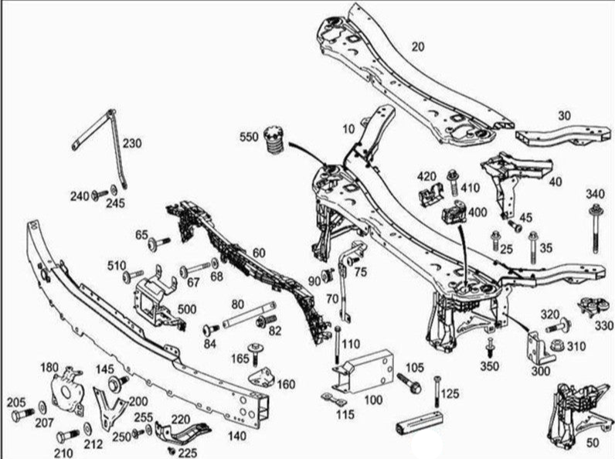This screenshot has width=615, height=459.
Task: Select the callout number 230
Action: (131, 143)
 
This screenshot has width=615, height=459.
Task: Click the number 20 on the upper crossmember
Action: (417, 46)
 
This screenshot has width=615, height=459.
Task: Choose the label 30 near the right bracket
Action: (565, 116)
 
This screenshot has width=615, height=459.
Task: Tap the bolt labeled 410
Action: (453, 183)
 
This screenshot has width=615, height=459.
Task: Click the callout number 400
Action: (477, 211)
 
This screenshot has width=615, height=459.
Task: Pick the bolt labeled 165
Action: (253, 349)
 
